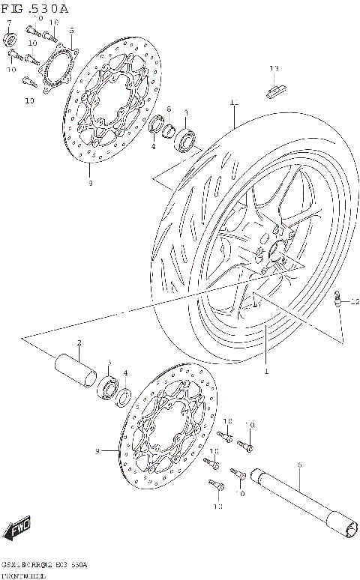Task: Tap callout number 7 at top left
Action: [x=9, y=25]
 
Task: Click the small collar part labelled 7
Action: [x=10, y=38]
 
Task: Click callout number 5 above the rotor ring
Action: [x=71, y=31]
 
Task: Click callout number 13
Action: [x=274, y=69]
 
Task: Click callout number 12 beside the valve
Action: [x=355, y=302]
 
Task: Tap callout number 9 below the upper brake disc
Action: [x=90, y=182]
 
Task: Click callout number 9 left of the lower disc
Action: [x=97, y=451]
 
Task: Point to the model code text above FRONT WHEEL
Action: [x=45, y=564]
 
